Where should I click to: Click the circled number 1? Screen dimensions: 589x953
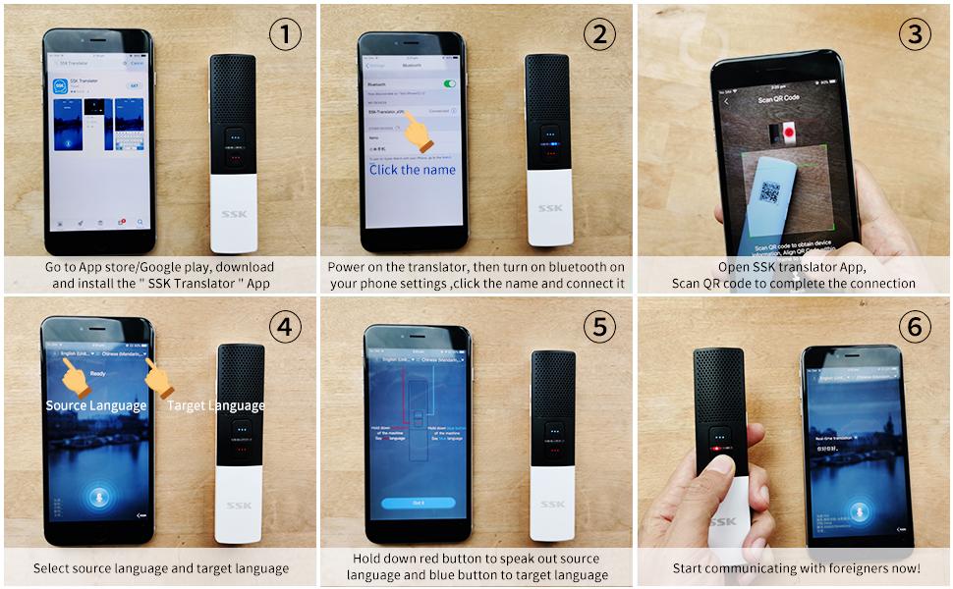coord(285,35)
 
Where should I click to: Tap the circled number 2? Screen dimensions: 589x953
coord(600,35)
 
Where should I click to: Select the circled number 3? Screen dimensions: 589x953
coord(916,35)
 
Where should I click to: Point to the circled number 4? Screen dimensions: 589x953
coord(285,327)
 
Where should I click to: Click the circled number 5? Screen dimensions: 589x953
coord(600,327)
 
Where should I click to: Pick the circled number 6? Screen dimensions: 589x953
coord(916,327)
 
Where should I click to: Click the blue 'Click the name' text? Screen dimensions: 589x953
coord(413,170)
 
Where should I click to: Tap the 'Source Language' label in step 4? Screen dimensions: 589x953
coord(96,405)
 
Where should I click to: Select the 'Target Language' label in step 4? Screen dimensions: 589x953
coord(215,405)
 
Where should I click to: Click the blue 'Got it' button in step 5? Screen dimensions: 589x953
coord(419,502)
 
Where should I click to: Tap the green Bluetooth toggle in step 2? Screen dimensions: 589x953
coord(450,84)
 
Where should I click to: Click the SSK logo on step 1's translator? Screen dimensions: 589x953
coord(235,214)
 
